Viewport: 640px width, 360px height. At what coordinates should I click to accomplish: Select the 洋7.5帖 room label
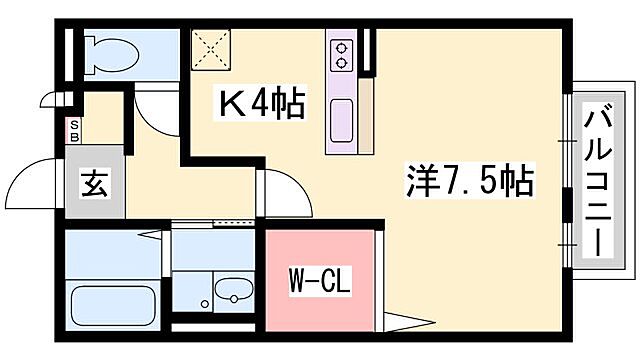tap(469, 182)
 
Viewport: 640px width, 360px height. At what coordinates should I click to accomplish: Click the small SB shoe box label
tap(73, 129)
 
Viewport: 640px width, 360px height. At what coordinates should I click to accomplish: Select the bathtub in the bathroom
tap(112, 303)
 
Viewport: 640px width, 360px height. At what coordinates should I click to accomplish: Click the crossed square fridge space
tap(211, 48)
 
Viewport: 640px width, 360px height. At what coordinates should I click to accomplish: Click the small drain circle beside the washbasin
tap(203, 304)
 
